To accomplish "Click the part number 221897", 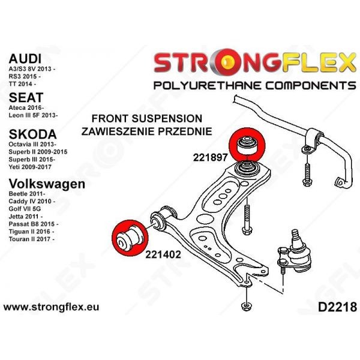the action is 210,157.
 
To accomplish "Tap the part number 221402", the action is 163,254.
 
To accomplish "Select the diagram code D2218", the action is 337,307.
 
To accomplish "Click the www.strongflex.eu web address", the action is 52,307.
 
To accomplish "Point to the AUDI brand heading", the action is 25,59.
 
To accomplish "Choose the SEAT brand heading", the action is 26,97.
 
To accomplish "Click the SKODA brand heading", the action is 32,134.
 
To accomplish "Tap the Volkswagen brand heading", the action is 47,184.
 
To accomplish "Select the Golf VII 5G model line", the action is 25,209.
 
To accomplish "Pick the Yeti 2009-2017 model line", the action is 30,167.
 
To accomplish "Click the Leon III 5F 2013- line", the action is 33,115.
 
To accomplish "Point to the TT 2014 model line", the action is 22,84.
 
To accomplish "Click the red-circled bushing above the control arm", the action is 247,145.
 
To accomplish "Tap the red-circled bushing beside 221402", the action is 130,238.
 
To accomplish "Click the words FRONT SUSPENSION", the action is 147,118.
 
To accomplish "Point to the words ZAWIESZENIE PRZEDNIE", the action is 147,131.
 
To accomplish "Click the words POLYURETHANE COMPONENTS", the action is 254,85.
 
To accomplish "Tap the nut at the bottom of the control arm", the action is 247,307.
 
